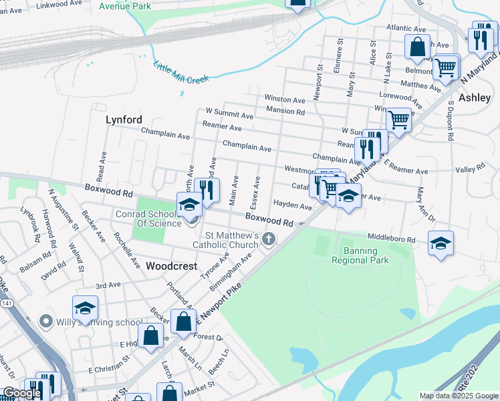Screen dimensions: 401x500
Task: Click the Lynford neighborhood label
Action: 124,120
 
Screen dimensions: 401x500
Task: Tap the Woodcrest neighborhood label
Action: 172,266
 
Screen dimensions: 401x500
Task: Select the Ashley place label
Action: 475,98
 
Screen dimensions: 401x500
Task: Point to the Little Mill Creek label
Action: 181,73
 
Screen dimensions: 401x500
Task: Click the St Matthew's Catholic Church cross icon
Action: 269,239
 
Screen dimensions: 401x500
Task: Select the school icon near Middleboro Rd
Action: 441,243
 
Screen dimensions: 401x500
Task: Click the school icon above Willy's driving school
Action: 85,308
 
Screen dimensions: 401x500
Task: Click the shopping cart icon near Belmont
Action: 445,67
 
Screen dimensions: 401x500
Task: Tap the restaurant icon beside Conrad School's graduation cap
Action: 207,189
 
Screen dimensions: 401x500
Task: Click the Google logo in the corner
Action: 21,393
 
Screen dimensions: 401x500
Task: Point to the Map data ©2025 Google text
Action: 459,396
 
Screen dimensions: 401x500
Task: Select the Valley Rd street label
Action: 469,170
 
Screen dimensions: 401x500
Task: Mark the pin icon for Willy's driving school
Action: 45,321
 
